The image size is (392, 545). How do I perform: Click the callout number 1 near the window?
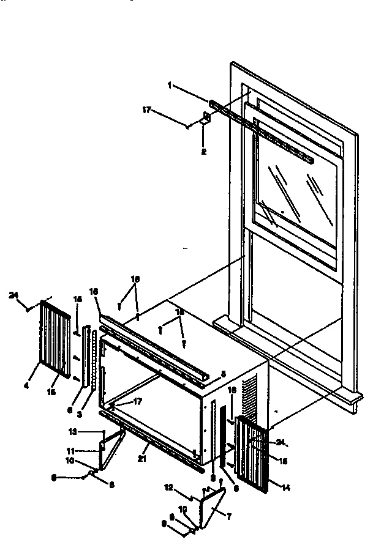click(169, 86)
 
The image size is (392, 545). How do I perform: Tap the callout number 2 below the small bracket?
click(203, 151)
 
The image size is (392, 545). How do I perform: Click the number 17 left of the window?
click(146, 111)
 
